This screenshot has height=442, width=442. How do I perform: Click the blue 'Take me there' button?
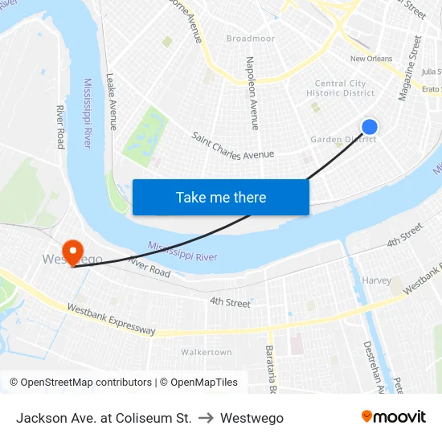221,197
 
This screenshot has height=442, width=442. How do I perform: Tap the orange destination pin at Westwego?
72,252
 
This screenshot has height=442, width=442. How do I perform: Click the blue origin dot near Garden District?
370,127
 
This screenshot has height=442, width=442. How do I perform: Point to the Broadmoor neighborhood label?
251,39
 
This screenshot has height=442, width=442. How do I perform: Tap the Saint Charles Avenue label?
233,145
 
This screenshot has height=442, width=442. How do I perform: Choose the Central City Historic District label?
341,88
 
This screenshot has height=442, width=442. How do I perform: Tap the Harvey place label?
377,280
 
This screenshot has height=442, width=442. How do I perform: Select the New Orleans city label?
371,59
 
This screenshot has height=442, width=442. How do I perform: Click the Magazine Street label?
410,68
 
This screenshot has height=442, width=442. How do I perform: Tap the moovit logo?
393,417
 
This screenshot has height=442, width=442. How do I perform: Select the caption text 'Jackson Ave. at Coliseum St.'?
104,418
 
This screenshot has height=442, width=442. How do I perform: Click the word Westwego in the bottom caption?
252,418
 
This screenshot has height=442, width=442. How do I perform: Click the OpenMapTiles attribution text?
201,383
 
